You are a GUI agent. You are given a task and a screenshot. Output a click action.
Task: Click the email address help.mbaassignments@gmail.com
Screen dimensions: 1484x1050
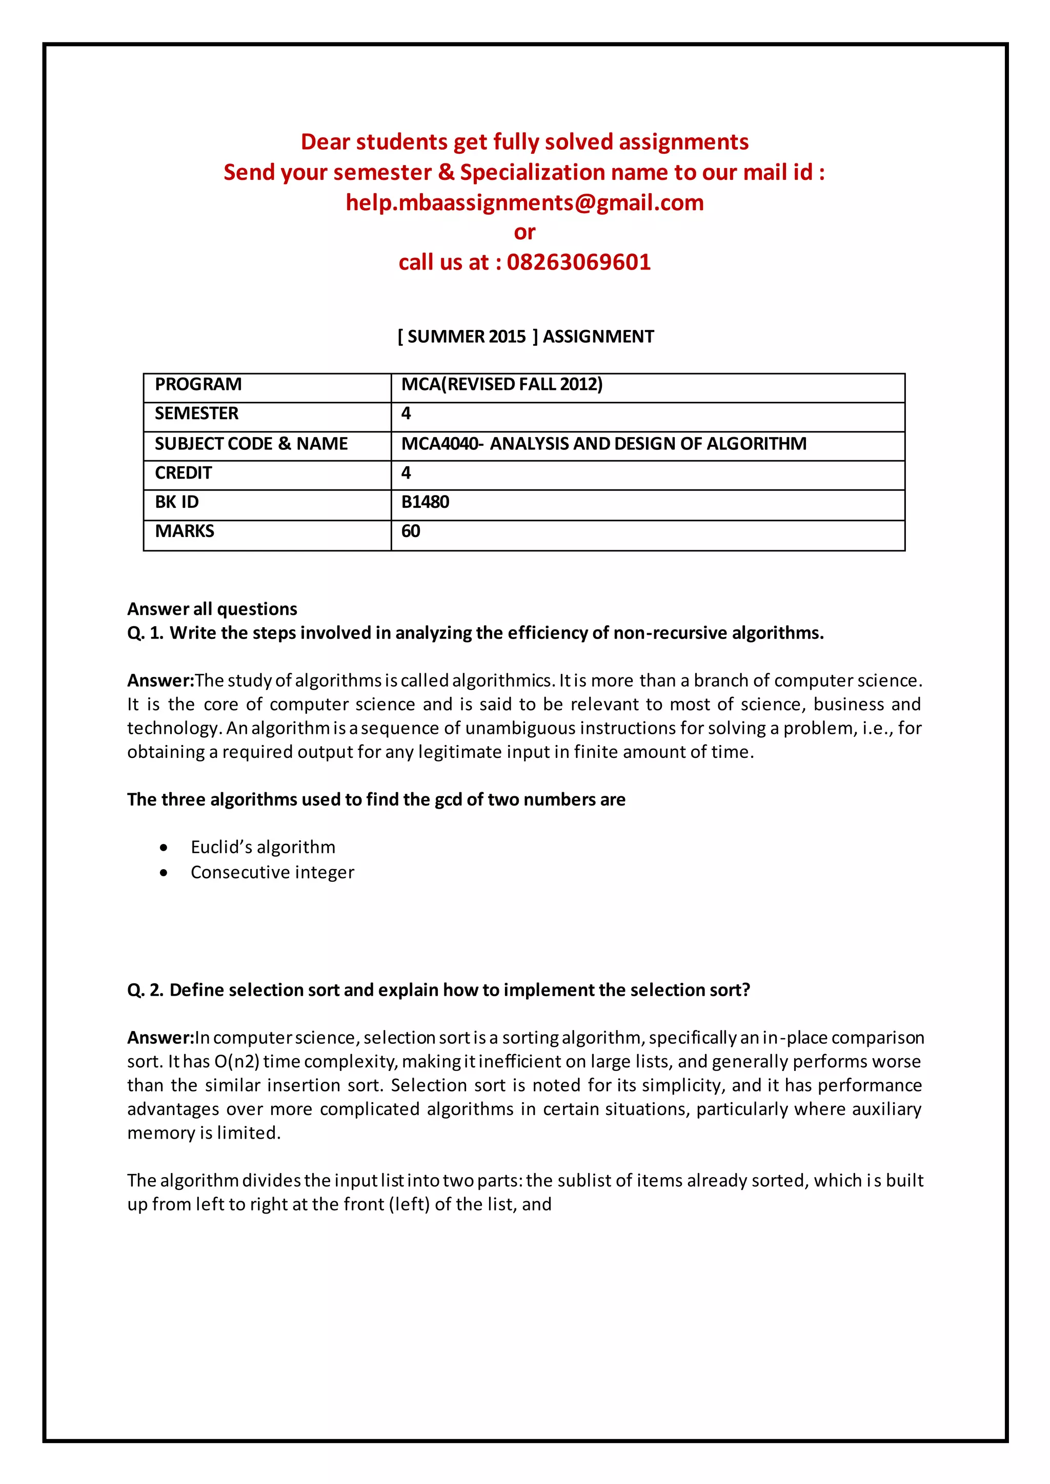[x=524, y=202]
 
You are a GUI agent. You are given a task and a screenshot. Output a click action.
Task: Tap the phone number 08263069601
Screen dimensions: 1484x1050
[x=579, y=262]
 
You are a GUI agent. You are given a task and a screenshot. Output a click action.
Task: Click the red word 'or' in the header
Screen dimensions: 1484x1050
[x=524, y=232]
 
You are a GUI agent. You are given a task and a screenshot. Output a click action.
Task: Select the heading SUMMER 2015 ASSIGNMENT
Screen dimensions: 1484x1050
[x=525, y=336]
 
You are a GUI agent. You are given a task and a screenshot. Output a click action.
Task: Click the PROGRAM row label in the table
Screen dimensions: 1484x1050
[x=198, y=384]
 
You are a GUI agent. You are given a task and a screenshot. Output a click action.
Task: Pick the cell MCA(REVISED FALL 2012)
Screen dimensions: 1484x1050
[x=502, y=384]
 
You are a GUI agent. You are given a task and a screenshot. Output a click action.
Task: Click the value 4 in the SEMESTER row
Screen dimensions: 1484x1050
[x=406, y=414]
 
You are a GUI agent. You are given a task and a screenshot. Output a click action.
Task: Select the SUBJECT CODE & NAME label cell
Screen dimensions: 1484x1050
[x=251, y=443]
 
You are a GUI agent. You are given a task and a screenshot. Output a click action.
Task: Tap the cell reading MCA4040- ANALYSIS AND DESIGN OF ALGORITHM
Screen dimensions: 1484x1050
[x=603, y=443]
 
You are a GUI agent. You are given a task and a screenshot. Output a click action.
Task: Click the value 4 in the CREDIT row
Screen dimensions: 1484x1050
[x=406, y=473]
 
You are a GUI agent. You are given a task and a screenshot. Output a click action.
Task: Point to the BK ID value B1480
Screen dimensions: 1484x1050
[x=425, y=502]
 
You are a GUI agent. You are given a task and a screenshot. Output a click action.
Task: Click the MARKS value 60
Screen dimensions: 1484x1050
[x=411, y=531]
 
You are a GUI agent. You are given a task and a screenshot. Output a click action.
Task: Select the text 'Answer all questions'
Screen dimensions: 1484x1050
[x=212, y=609]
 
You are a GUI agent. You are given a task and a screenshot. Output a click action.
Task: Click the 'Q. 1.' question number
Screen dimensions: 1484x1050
[x=145, y=633]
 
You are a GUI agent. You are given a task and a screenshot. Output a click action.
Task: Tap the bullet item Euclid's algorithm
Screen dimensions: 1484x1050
[x=262, y=847]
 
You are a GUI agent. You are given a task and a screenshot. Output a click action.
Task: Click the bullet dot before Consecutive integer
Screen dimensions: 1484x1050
[x=164, y=873]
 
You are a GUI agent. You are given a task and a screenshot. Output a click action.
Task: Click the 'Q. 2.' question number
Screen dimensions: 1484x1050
[x=145, y=990]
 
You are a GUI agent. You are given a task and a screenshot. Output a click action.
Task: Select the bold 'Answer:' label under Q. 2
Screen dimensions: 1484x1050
[x=160, y=1037]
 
